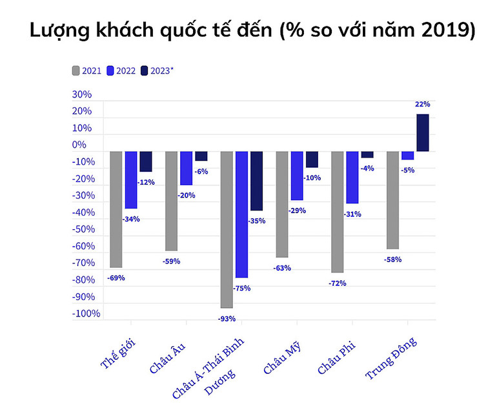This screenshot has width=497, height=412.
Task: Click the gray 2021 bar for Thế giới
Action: (x=116, y=209)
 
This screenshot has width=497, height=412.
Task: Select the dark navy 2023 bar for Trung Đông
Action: (x=423, y=133)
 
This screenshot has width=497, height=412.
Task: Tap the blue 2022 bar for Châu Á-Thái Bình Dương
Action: (x=241, y=214)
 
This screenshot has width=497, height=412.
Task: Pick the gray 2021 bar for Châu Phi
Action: (x=338, y=212)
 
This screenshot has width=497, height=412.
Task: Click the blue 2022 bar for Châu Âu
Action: (x=186, y=168)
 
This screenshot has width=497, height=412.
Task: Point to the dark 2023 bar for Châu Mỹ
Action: (x=312, y=160)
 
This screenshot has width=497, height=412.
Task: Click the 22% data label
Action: (x=423, y=104)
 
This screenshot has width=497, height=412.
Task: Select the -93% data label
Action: (x=227, y=318)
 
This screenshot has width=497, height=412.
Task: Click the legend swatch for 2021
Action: (x=76, y=70)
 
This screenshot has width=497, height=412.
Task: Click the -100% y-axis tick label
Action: (x=86, y=314)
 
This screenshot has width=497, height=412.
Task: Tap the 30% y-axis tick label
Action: (x=82, y=94)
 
